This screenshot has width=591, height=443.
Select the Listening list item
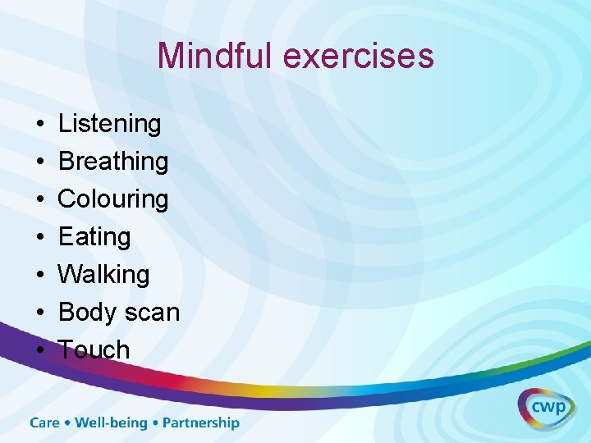coord(110,125)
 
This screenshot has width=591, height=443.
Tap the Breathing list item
coord(113,162)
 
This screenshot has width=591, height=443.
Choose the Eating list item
coord(94,237)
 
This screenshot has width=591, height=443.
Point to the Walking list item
coord(104,274)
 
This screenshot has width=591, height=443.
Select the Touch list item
coord(94,349)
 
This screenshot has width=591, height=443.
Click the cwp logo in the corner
coord(546,408)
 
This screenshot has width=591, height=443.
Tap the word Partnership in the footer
coord(201,423)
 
